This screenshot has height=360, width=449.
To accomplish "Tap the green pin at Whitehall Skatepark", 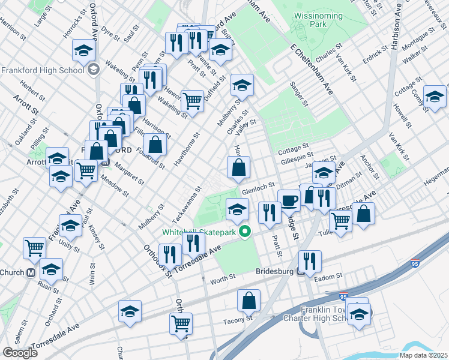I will pyautogui.click(x=244, y=231).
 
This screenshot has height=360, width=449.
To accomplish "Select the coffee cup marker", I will pyautogui.click(x=289, y=200).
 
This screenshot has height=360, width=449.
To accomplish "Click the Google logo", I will pyautogui.click(x=20, y=353).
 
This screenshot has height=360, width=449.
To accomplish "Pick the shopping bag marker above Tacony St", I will pyautogui.click(x=249, y=301).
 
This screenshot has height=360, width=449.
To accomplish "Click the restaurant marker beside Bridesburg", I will pyautogui.click(x=310, y=261).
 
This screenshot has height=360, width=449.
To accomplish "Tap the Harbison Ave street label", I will pyautogui.click(x=394, y=31).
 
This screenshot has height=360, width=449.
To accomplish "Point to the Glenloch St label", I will pyautogui.click(x=258, y=189).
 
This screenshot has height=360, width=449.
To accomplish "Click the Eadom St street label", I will pyautogui.click(x=330, y=276).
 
